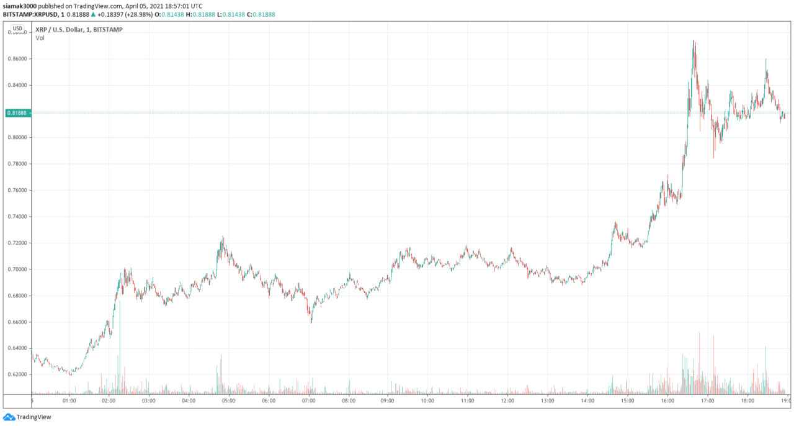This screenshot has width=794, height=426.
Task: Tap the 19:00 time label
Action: pos(786,401)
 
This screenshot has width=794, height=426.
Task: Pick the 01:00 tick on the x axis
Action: pos(69,401)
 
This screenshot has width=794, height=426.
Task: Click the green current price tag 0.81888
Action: pos(17,113)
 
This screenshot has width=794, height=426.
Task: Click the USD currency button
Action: pos(17,29)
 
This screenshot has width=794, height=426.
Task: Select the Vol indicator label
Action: pos(40,38)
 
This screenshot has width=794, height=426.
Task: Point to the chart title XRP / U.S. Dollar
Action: pos(61,29)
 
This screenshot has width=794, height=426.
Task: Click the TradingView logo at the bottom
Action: pos(27,417)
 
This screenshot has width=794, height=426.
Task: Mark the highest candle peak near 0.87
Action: pos(694,42)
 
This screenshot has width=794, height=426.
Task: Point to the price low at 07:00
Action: pos(311,322)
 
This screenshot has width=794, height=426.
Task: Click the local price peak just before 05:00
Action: pos(223,237)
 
